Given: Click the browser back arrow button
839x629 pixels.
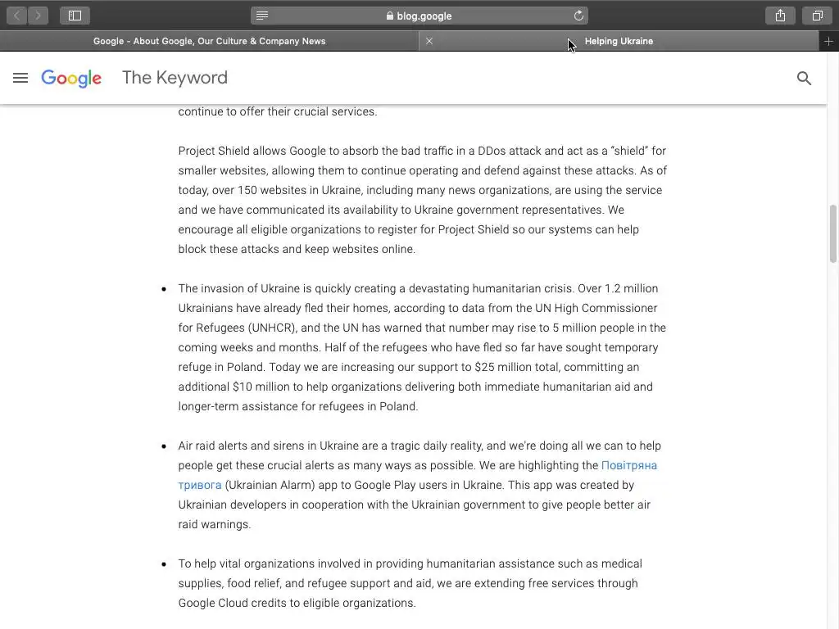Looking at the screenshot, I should (16, 16).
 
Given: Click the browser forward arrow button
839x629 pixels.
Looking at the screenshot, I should (38, 16).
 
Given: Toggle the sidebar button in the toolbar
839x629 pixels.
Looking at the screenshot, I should (75, 16).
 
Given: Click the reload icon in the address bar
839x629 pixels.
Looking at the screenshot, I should (578, 16).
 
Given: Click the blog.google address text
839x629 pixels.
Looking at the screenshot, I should (424, 16).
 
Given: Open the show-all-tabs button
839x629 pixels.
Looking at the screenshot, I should (817, 16).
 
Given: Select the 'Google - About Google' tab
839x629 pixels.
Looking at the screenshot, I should (209, 41).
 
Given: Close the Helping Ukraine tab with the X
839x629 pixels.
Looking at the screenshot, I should (429, 41).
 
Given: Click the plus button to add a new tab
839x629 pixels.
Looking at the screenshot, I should (828, 41).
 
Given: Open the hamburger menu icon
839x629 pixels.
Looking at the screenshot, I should (20, 78).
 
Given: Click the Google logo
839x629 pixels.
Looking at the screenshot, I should (71, 78).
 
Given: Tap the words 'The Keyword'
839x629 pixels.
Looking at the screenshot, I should (175, 78).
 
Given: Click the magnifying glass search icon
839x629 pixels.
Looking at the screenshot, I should (804, 79).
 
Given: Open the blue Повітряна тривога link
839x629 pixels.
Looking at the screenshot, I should (628, 465).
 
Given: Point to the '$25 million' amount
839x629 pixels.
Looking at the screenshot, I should (506, 367).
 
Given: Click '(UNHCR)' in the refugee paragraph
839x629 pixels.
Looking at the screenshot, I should (268, 328).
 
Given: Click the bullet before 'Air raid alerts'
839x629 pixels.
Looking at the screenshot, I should (164, 446).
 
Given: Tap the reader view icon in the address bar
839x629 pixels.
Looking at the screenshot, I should (262, 16).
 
